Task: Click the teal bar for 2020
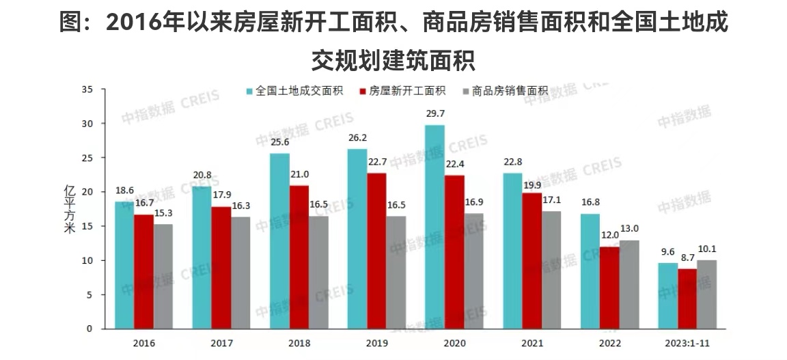(434, 227)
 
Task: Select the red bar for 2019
(376, 251)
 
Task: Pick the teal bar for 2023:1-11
(667, 296)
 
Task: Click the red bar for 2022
(609, 288)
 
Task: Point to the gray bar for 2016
(163, 276)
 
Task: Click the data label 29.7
(434, 113)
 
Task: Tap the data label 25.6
(279, 141)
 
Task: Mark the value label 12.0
(609, 235)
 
